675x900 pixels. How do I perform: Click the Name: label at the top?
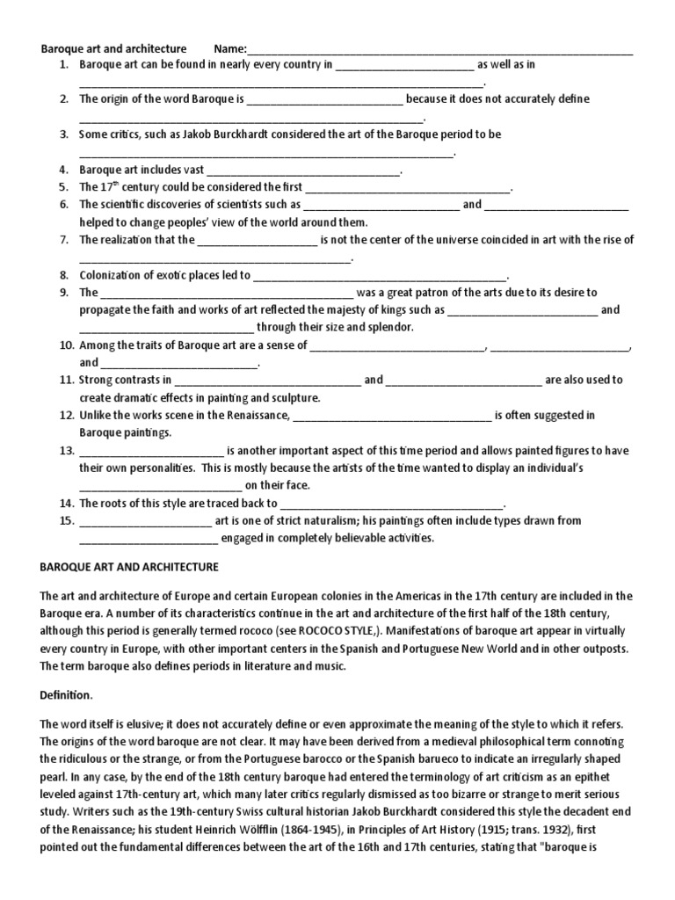click(x=231, y=47)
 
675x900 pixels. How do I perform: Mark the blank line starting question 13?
click(x=153, y=450)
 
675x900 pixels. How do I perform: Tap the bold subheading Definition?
click(x=66, y=695)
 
